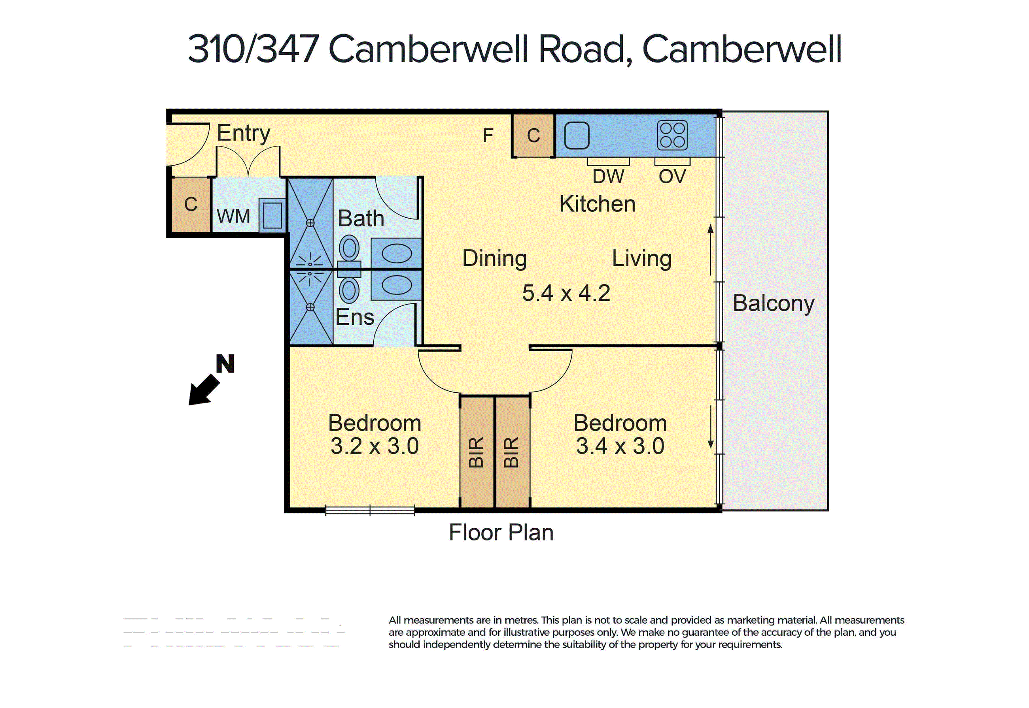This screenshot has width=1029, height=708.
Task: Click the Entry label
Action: pyautogui.click(x=243, y=133)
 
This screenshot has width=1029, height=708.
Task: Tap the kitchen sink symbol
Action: pyautogui.click(x=576, y=136)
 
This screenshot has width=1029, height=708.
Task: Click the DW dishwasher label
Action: pyautogui.click(x=608, y=177)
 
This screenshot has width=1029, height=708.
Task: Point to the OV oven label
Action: pyautogui.click(x=672, y=177)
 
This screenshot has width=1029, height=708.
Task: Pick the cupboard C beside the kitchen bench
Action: pyautogui.click(x=533, y=136)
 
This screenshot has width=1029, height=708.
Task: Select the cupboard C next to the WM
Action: pyautogui.click(x=191, y=205)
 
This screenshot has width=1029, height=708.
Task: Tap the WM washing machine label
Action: pyautogui.click(x=233, y=217)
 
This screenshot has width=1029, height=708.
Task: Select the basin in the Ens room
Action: pyautogui.click(x=396, y=285)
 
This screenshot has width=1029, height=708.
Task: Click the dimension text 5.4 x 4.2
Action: pyautogui.click(x=566, y=293)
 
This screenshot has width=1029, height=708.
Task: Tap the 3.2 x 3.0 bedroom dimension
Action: pyautogui.click(x=374, y=446)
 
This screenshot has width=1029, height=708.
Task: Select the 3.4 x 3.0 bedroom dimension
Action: pyautogui.click(x=620, y=446)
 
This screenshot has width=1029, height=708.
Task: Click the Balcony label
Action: pyautogui.click(x=773, y=303)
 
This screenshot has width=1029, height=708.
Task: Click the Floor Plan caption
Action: pyautogui.click(x=501, y=532)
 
